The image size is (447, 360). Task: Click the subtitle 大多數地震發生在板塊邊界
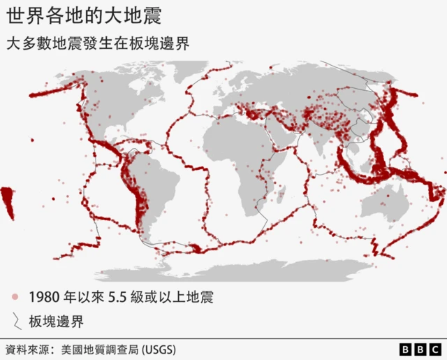(97, 43)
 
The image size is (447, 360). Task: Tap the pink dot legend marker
(15, 296)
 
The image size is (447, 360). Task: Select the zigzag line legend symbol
(15, 321)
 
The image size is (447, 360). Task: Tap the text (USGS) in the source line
(159, 348)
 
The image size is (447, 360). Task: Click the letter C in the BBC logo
(435, 348)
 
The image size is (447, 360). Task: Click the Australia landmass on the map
(387, 203)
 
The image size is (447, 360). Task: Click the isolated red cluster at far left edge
(8, 202)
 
